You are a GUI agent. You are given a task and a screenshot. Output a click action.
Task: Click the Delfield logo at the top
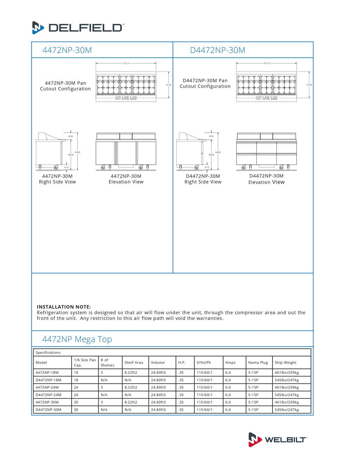pyautogui.click(x=78, y=28)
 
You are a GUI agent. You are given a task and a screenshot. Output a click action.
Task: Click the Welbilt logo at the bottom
pyautogui.click(x=278, y=440)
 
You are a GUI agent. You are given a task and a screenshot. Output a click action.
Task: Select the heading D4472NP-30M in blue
pyautogui.click(x=218, y=50)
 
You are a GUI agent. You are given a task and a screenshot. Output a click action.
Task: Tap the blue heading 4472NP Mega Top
pyautogui.click(x=77, y=339)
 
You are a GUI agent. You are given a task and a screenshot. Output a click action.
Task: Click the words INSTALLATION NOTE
pyautogui.click(x=64, y=307)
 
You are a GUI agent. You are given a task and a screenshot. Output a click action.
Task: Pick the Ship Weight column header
pyautogui.click(x=285, y=363)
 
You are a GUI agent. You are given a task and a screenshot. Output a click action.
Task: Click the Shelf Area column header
pyautogui.click(x=134, y=363)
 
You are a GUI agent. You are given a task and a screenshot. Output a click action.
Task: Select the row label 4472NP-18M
pyautogui.click(x=47, y=372)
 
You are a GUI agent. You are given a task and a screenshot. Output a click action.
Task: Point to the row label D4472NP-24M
pyautogui.click(x=49, y=395)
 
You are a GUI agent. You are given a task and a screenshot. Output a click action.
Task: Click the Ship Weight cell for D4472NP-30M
pyautogui.click(x=287, y=410)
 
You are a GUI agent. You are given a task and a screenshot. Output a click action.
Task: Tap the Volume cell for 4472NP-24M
pyautogui.click(x=158, y=388)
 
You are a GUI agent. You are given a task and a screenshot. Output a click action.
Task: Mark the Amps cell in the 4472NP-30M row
pyautogui.click(x=228, y=402)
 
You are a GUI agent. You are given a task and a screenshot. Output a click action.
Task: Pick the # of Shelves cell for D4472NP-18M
pyautogui.click(x=104, y=380)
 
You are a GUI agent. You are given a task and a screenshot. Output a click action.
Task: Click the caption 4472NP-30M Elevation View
pyautogui.click(x=126, y=179)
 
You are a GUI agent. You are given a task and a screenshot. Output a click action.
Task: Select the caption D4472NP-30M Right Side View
pyautogui.click(x=203, y=179)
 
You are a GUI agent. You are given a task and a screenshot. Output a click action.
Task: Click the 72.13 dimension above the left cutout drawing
pyautogui.click(x=126, y=63)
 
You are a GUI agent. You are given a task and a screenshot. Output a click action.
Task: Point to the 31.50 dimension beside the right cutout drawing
pyautogui.click(x=309, y=85)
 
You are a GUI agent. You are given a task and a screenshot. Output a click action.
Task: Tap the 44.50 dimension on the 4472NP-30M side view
pyautogui.click(x=77, y=152)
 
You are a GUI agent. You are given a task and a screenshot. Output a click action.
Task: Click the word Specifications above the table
pyautogui.click(x=48, y=352)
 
